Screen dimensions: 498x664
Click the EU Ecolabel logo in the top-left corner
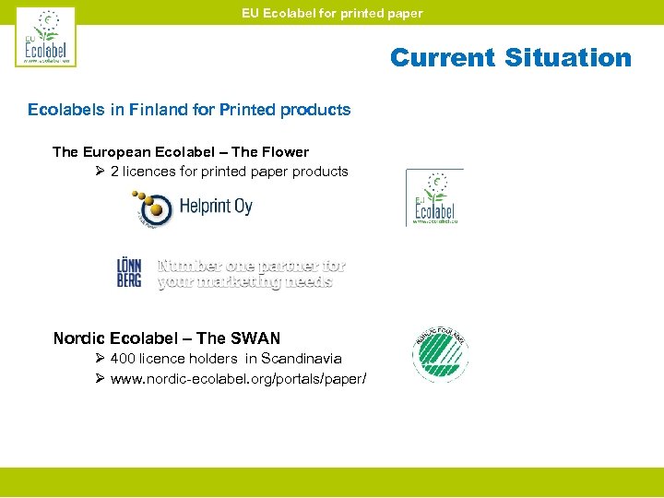45,37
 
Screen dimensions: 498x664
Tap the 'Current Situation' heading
510,57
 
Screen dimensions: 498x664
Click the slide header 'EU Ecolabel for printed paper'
332,13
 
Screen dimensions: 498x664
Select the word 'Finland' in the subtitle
162,110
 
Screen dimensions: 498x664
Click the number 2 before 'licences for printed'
114,172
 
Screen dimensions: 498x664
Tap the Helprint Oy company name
217,207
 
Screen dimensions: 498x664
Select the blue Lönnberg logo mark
129,272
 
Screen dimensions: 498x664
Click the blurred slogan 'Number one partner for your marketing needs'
251,273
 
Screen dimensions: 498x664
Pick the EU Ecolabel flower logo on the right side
434,197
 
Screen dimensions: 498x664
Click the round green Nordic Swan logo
440,355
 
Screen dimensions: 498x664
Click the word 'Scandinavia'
302,359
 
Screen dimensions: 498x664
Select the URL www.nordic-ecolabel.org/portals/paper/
238,378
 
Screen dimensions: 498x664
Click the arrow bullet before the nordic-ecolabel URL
100,378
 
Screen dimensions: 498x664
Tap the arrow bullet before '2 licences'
100,172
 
